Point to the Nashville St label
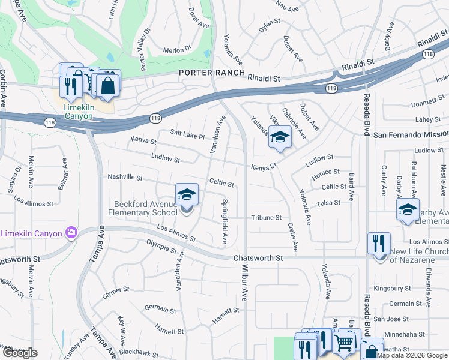tap(125, 178)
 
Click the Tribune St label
tap(266, 217)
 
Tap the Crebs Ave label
tap(292, 236)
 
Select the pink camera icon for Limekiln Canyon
tap(71, 232)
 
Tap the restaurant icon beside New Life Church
tap(379, 244)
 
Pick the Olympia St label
tap(161, 247)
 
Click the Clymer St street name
tap(116, 293)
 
